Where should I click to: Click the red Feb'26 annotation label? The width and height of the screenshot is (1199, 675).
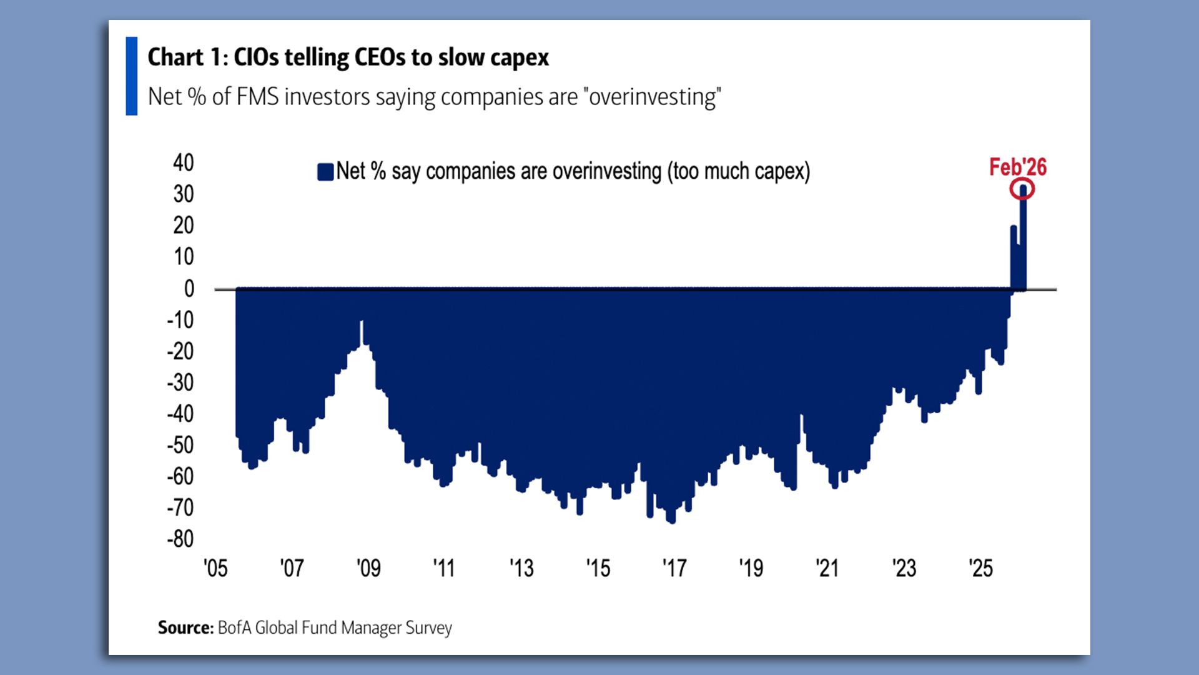click(x=1017, y=167)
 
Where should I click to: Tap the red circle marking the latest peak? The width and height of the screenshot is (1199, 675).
click(x=1022, y=189)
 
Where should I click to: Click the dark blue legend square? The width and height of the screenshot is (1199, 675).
click(x=325, y=172)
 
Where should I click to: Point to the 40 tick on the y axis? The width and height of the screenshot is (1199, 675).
click(x=184, y=162)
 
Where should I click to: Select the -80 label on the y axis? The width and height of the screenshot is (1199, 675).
click(x=180, y=539)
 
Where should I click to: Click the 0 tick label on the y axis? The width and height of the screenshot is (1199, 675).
click(x=189, y=288)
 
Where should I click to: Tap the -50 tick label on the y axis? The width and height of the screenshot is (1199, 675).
click(x=180, y=445)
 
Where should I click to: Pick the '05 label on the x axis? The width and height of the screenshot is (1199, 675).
click(x=215, y=568)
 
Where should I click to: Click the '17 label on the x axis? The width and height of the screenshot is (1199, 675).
click(x=674, y=568)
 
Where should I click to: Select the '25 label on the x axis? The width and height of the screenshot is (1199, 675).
click(x=980, y=568)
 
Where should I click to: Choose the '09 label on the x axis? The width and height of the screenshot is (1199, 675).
click(x=368, y=568)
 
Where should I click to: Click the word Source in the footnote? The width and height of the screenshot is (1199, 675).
click(x=185, y=627)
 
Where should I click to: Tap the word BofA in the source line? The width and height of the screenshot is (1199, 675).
click(x=234, y=627)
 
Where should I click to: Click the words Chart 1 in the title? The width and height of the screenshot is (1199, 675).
click(x=184, y=57)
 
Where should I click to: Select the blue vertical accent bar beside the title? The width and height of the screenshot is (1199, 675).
click(x=131, y=76)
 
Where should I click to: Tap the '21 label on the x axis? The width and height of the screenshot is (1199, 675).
click(x=827, y=568)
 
